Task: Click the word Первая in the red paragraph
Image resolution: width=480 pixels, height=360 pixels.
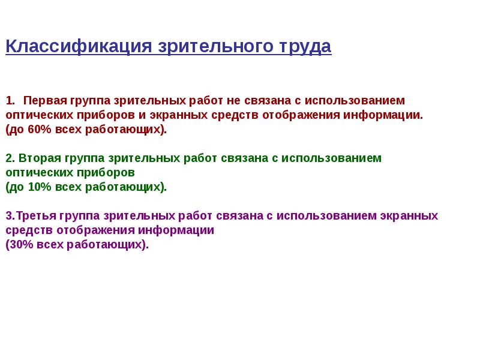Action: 45,100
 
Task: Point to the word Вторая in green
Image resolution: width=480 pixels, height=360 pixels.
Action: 40,158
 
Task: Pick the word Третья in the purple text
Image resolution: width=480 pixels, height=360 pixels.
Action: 37,215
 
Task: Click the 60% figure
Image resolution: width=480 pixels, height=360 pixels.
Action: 40,129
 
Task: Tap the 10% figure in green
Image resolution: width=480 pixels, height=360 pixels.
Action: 40,187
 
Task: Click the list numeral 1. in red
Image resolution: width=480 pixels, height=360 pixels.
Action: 10,100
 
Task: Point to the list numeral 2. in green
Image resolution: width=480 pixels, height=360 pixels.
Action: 10,158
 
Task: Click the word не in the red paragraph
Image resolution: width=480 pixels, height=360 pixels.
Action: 233,101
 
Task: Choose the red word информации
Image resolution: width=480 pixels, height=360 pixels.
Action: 383,115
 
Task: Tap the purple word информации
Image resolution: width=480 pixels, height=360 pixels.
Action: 176,230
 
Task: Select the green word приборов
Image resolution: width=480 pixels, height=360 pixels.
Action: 106,173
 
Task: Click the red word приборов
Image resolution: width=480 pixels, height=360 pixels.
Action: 106,115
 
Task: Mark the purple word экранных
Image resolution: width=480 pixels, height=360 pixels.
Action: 409,216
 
